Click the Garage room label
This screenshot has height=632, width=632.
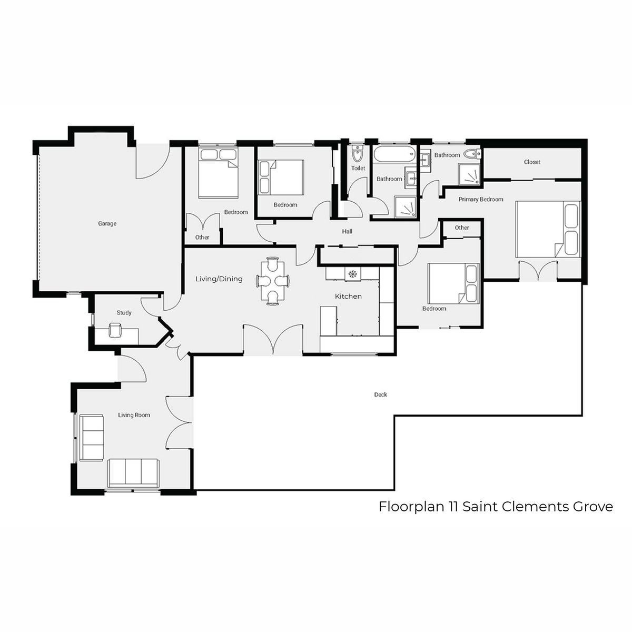click(107, 224)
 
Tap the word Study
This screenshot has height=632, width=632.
click(124, 312)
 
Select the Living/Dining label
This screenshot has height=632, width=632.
click(219, 279)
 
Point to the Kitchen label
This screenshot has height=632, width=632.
click(348, 296)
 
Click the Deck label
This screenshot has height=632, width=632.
click(380, 394)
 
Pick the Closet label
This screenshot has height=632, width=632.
click(532, 162)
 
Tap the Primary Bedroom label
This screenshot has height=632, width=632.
click(481, 200)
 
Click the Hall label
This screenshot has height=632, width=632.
click(347, 232)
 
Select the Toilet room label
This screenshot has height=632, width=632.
click(358, 168)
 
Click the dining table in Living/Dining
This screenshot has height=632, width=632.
click(272, 281)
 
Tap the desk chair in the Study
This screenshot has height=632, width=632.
click(115, 330)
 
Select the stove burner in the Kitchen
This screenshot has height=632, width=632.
click(352, 274)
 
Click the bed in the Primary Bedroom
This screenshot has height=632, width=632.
click(548, 229)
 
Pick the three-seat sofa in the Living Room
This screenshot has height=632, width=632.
click(133, 472)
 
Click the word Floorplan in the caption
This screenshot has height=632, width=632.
click(411, 507)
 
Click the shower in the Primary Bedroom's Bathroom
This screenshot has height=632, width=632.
click(469, 174)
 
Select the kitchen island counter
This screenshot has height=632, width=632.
click(329, 321)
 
